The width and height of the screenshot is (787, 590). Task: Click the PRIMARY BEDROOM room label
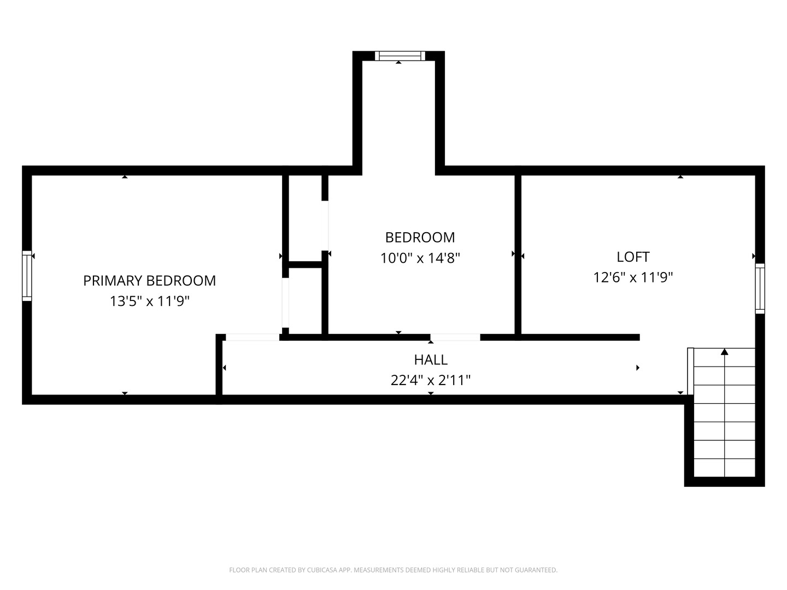click(149, 280)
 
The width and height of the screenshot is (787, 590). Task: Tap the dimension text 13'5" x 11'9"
click(149, 301)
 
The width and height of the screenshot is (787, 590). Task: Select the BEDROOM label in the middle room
click(420, 237)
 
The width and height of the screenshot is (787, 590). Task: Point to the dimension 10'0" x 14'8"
click(420, 258)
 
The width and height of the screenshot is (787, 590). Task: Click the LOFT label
click(633, 257)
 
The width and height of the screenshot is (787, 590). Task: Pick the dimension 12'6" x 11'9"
click(633, 278)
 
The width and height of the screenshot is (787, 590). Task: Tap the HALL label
click(431, 359)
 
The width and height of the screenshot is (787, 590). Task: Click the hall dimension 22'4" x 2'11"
click(431, 380)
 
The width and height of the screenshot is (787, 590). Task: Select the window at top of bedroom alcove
click(400, 55)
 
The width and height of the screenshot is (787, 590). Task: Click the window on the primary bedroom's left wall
click(27, 276)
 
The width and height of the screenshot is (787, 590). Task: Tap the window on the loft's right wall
click(760, 288)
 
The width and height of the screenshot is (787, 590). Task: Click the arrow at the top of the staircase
click(725, 352)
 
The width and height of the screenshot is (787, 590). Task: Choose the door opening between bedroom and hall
click(455, 337)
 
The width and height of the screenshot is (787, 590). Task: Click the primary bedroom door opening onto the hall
click(252, 337)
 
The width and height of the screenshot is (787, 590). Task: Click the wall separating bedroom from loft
click(518, 254)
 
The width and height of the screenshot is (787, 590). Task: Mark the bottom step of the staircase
click(725, 468)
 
